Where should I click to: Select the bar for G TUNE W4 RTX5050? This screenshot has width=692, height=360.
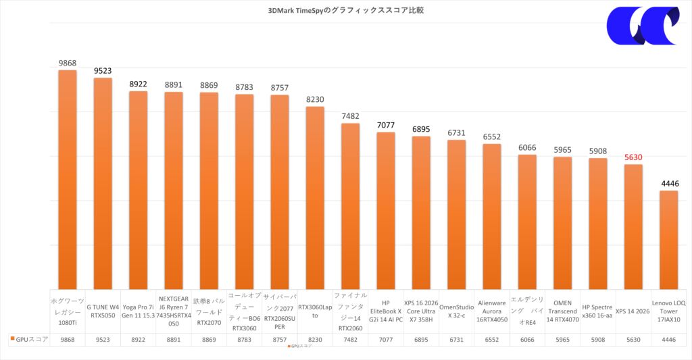coord(103,182)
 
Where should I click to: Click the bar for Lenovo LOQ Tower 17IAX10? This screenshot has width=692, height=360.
coord(668,240)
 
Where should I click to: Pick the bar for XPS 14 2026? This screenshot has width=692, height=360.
coord(633,226)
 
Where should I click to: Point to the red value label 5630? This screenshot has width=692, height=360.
coord(633,157)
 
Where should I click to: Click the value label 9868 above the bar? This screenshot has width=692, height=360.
coord(68,63)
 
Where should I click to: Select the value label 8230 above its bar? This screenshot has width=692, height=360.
coord(315,99)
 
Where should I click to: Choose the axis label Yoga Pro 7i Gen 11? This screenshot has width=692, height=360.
coord(138,311)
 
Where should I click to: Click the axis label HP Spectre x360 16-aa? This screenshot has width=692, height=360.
coord(597,311)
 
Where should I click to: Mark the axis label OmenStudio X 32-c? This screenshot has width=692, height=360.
coord(456,311)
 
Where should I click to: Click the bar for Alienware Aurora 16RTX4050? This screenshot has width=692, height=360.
coord(492,216)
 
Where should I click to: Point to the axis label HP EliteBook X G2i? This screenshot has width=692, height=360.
coord(386,311)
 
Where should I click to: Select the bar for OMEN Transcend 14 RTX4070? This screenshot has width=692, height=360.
coord(562,223)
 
